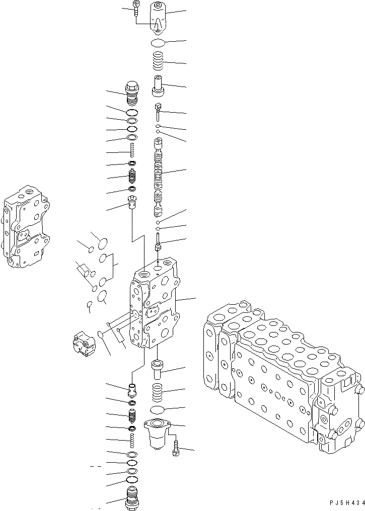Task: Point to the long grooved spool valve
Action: click(159, 179)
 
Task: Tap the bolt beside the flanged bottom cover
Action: click(175, 447)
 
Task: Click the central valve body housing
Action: click(154, 307)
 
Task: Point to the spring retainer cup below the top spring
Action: click(159, 85)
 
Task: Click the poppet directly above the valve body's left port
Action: click(132, 204)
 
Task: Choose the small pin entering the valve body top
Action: click(159, 244)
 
